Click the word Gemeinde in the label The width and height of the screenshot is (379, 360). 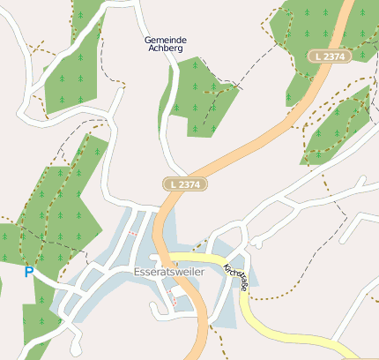tap(165, 41)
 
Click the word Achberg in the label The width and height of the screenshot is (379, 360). tap(165, 50)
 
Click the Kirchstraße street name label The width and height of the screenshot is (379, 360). tap(235, 278)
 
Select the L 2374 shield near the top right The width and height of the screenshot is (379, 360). tap(330, 56)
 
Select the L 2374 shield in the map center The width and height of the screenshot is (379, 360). tap(185, 184)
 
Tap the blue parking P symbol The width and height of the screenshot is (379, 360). tap(28, 273)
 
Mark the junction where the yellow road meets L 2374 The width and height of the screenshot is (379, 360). tap(164, 258)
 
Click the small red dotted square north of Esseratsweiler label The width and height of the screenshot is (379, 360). tap(133, 234)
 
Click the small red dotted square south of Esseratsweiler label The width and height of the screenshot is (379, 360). tap(174, 302)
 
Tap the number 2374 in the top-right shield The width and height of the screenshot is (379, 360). tap(335, 56)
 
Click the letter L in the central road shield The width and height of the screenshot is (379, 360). tap(174, 184)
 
